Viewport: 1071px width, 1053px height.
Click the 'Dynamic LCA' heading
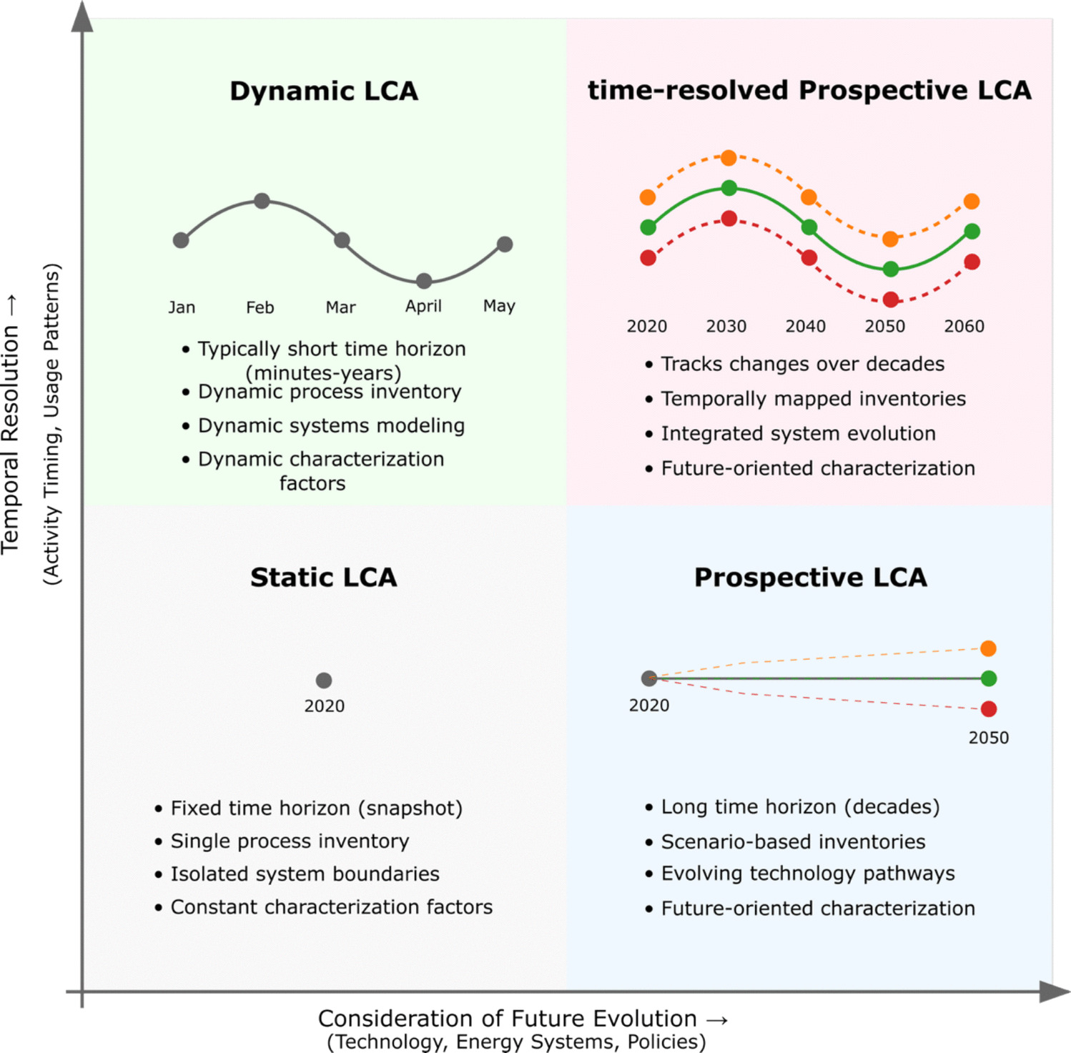click(324, 92)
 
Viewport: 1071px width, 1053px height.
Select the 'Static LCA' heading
click(323, 578)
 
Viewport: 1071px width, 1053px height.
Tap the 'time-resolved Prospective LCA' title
click(809, 91)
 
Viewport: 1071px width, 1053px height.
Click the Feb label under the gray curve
click(260, 307)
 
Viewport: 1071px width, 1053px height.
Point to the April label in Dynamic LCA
click(423, 306)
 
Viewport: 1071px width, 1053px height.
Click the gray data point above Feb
click(262, 201)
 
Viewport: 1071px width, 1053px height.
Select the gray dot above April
click(424, 281)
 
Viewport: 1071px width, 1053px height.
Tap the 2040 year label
click(806, 326)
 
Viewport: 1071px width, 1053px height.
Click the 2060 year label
click(964, 326)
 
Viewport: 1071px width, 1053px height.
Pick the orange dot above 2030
click(729, 158)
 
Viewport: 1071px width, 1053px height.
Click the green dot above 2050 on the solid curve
click(890, 269)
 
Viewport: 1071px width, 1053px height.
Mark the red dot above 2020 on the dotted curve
click(648, 257)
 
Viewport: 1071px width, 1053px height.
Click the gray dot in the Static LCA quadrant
click(324, 680)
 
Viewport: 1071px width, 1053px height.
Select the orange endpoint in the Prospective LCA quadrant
click(988, 648)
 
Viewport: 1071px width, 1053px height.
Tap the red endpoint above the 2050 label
click(988, 708)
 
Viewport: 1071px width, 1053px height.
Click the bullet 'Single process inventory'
click(290, 841)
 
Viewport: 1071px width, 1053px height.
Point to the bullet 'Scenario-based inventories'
click(793, 842)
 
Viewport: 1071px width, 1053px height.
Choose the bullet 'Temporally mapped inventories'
click(813, 399)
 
